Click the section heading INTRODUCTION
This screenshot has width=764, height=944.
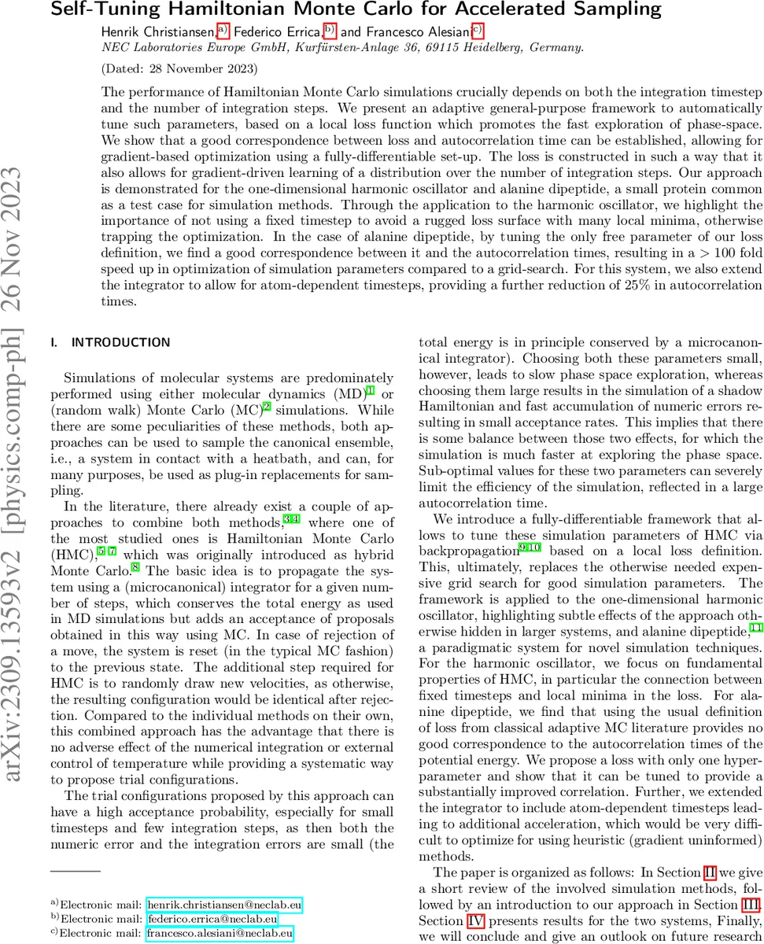pyautogui.click(x=120, y=342)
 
